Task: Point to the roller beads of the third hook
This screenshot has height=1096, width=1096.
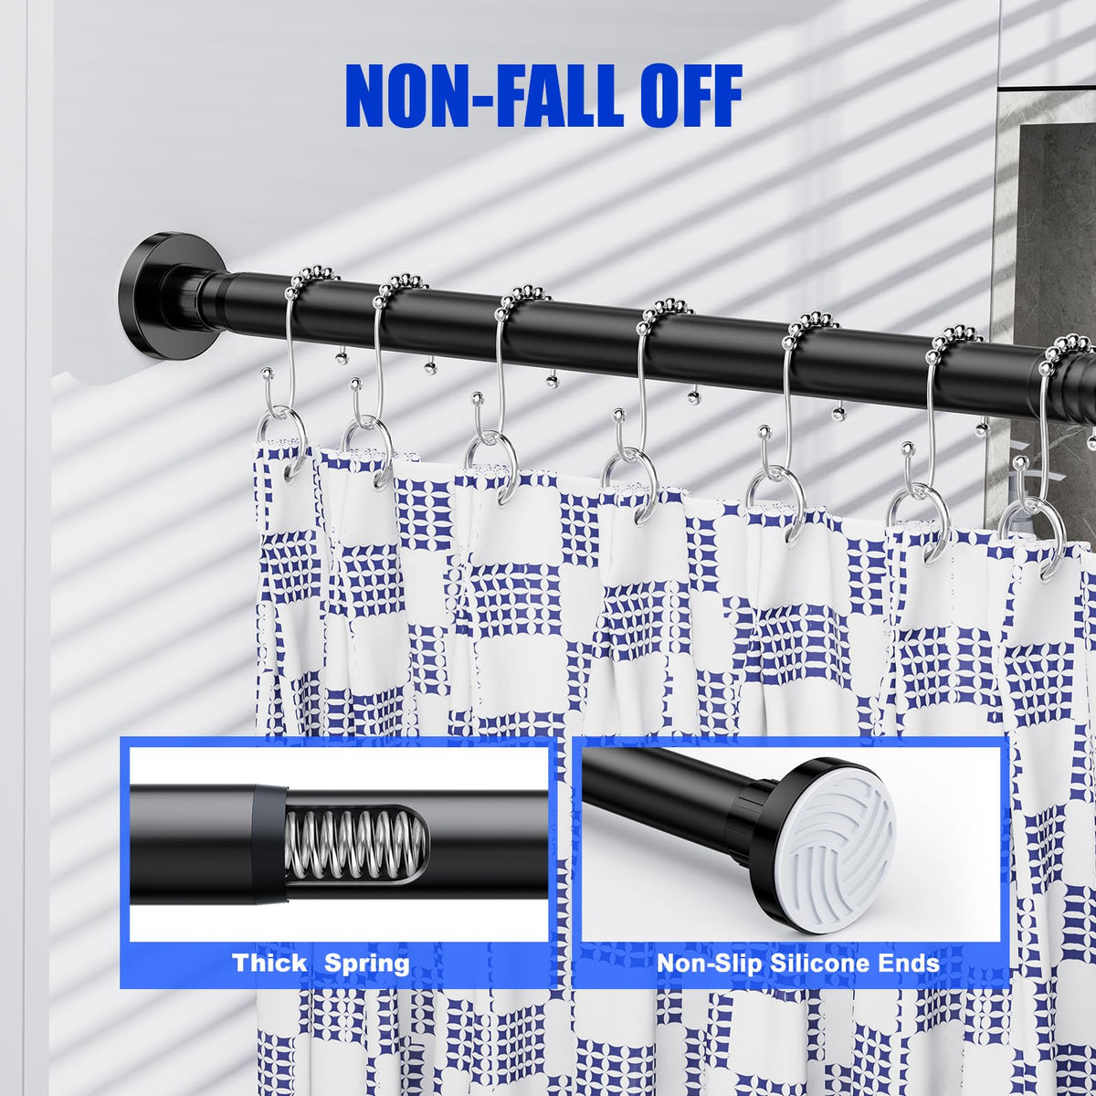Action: point(522,296)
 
